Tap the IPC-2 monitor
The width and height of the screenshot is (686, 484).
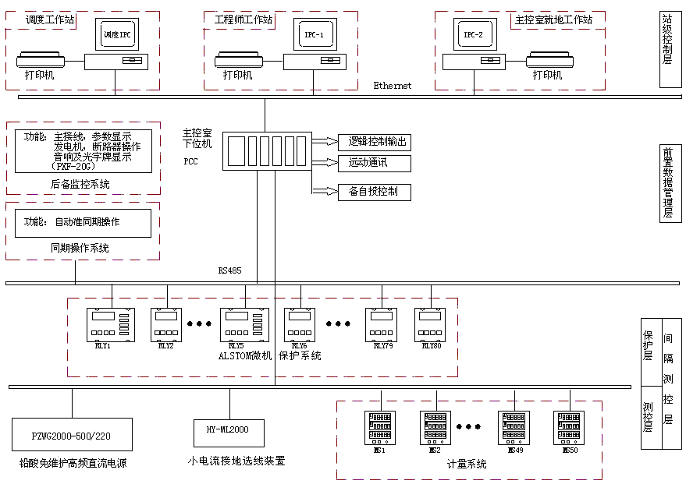pos(474,35)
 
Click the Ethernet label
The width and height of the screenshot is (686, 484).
pos(392,86)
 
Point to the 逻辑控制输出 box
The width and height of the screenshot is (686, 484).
pos(374,142)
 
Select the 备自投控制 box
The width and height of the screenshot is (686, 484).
pos(374,191)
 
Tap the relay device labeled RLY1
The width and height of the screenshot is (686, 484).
pos(110,324)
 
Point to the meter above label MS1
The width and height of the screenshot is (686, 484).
pos(380,428)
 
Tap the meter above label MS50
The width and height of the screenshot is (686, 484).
pos(569,428)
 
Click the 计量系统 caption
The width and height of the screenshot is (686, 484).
pos(467,465)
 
